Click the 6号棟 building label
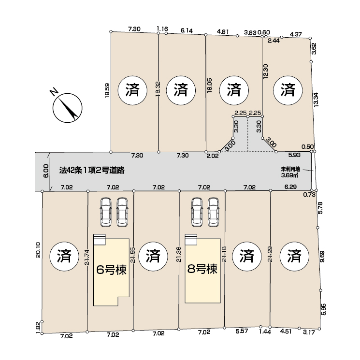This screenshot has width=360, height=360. (111, 270)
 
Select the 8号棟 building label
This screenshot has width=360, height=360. (202, 269)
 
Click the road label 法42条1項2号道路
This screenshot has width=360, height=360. (92, 170)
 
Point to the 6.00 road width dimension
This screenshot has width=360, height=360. (46, 171)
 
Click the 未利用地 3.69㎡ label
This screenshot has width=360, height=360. (290, 172)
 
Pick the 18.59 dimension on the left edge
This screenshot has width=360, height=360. (107, 91)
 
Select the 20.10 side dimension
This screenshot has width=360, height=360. (38, 250)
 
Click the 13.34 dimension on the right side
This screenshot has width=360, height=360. (316, 100)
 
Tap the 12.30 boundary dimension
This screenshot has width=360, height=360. (266, 72)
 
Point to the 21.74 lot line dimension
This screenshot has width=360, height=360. (87, 258)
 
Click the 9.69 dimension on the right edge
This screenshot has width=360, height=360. (323, 257)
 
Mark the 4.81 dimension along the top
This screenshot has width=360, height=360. (223, 32)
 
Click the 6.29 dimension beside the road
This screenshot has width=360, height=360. (291, 187)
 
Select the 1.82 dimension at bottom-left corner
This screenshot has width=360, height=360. (38, 327)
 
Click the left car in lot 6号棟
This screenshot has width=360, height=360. (106, 212)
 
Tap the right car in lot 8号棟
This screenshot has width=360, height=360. (214, 212)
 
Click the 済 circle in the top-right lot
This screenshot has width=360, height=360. (288, 90)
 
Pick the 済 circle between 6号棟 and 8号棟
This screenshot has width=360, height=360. (153, 256)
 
